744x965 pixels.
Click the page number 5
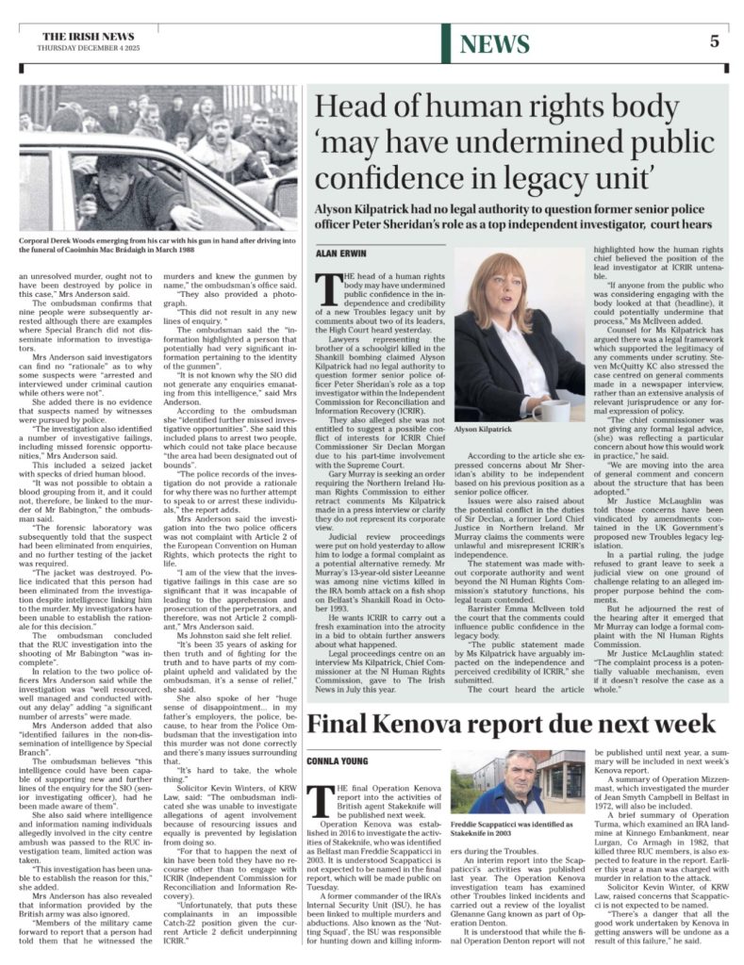click(x=714, y=41)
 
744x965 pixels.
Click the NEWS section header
click(x=495, y=43)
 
